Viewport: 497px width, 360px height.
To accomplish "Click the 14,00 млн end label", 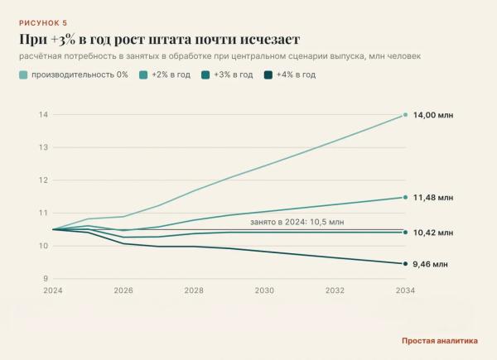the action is click(433, 115).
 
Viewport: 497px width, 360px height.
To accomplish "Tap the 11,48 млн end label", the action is click(433, 198).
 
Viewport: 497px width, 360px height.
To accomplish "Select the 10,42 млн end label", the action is click(433, 233).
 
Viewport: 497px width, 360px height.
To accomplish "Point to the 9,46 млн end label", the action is click(430, 264).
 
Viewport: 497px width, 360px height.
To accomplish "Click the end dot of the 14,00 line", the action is click(405, 115).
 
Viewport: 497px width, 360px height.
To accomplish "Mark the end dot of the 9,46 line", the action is click(405, 264).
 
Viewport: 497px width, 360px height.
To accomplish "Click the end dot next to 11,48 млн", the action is click(405, 197).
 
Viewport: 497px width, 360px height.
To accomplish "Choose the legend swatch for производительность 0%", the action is click(23, 75).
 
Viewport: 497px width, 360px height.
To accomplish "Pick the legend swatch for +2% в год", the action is click(143, 75).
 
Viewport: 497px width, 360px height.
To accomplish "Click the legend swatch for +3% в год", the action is click(205, 75).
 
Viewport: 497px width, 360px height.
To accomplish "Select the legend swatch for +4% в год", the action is click(268, 75).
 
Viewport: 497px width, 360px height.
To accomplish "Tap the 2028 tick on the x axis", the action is click(194, 290).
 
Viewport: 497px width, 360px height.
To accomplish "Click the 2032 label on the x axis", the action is click(335, 290).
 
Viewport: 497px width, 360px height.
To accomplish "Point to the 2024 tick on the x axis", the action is click(53, 290).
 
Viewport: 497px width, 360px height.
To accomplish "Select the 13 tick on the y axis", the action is click(43, 147).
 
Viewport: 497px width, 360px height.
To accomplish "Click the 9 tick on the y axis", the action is click(46, 279).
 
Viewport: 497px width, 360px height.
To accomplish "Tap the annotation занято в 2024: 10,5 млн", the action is click(297, 222).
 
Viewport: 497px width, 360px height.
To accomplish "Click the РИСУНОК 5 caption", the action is click(43, 23).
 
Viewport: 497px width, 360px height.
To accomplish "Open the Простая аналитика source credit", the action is click(440, 341).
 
